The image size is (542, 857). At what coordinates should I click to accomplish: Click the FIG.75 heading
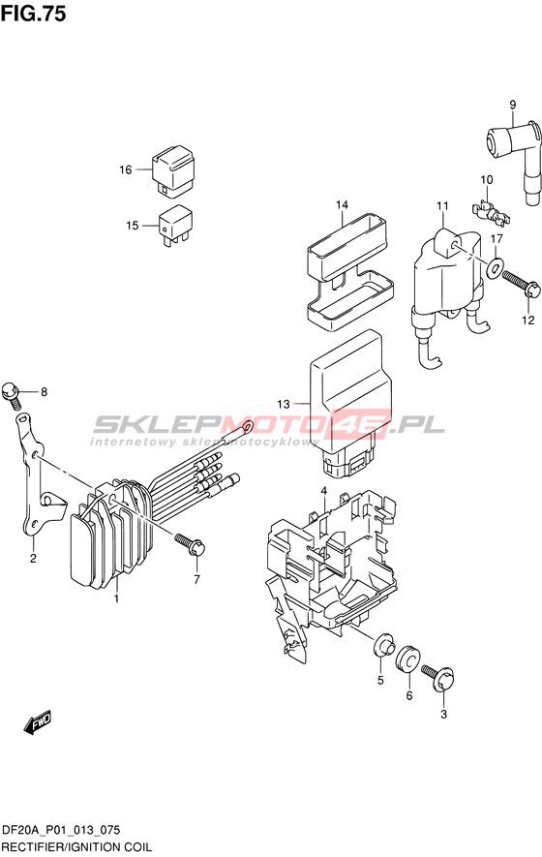[x=33, y=14]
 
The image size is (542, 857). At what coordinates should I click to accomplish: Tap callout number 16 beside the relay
[x=126, y=170]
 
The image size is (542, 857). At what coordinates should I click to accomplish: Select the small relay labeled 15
[x=175, y=226]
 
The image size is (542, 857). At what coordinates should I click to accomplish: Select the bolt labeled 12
[x=520, y=284]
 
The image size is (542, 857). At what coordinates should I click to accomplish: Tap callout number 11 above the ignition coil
[x=442, y=205]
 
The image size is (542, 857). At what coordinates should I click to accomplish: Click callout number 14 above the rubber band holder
[x=342, y=205]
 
